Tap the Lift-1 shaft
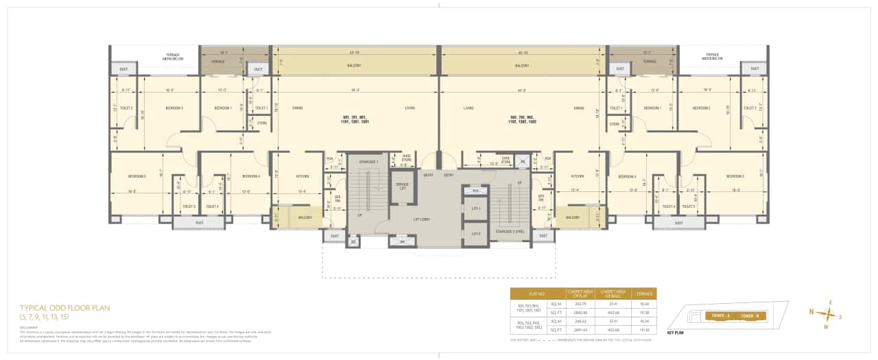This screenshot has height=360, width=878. coord(475,208)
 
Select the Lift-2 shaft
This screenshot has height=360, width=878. coord(475,234)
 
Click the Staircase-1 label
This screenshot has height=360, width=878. coord(368,162)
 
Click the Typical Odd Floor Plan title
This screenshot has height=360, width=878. coord(64,308)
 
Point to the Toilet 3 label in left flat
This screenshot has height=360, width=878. coord(189,206)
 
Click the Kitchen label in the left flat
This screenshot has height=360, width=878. coord(302,176)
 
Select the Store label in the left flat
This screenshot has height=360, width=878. coord(261,123)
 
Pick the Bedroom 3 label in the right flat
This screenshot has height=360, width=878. coord(735,176)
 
